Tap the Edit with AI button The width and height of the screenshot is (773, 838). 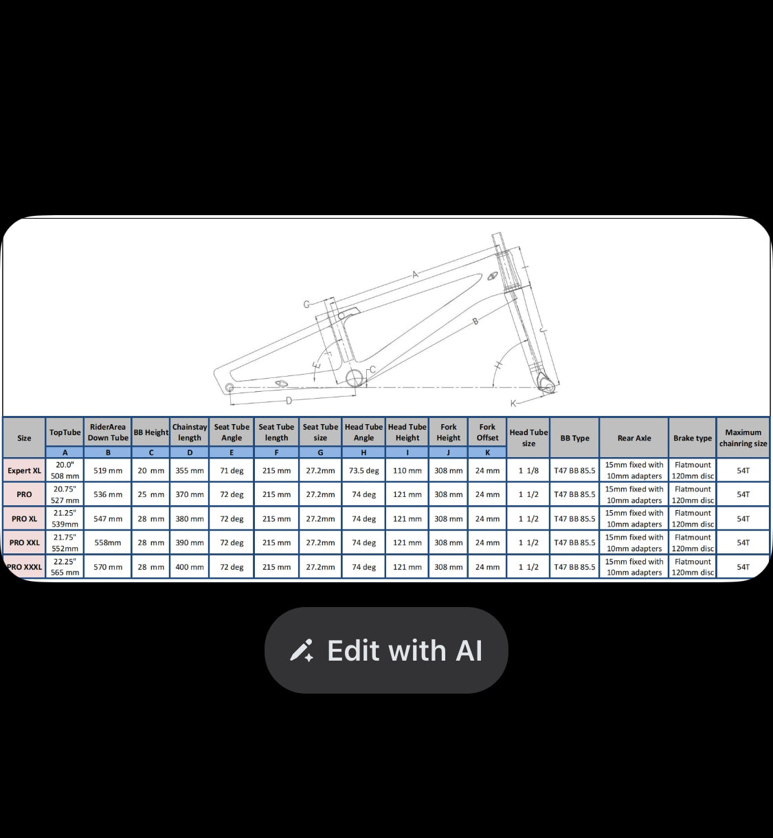pyautogui.click(x=386, y=650)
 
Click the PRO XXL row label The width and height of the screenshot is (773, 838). pyautogui.click(x=25, y=542)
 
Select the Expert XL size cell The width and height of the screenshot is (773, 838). pyautogui.click(x=25, y=470)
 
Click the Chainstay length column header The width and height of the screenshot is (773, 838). pyautogui.click(x=190, y=432)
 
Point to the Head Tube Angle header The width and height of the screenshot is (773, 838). pyautogui.click(x=363, y=432)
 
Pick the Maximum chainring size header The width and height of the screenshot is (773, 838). pyautogui.click(x=743, y=438)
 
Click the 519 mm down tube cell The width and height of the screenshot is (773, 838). pyautogui.click(x=108, y=470)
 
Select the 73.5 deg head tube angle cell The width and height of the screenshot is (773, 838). pyautogui.click(x=363, y=470)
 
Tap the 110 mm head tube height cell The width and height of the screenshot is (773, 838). pyautogui.click(x=407, y=470)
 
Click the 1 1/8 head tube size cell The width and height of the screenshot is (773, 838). pyautogui.click(x=528, y=470)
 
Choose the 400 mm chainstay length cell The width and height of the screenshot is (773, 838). pyautogui.click(x=190, y=567)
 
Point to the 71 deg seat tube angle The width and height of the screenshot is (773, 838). pyautogui.click(x=232, y=470)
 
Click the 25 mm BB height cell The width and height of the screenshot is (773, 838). pyautogui.click(x=150, y=494)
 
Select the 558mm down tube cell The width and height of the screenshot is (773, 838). pyautogui.click(x=108, y=542)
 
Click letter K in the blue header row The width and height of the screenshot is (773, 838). pyautogui.click(x=487, y=452)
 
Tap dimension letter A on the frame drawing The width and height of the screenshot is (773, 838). pyautogui.click(x=415, y=275)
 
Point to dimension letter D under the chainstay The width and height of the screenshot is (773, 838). pyautogui.click(x=289, y=400)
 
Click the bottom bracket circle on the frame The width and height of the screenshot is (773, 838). pyautogui.click(x=355, y=377)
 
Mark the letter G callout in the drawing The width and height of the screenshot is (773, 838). pyautogui.click(x=306, y=304)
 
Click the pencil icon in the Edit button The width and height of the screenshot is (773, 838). pyautogui.click(x=302, y=650)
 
